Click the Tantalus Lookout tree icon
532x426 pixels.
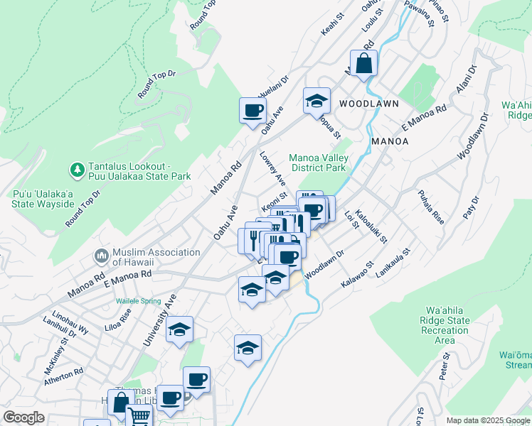pyautogui.click(x=77, y=170)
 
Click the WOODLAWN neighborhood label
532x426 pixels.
pyautogui.click(x=368, y=104)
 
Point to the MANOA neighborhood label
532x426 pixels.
pyautogui.click(x=390, y=141)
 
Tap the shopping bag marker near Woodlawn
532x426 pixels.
pyautogui.click(x=363, y=64)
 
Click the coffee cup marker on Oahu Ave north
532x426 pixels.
pyautogui.click(x=253, y=111)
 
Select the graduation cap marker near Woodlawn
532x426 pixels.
pyautogui.click(x=316, y=102)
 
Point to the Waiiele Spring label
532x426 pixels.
pyautogui.click(x=139, y=301)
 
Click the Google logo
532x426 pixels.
pyautogui.click(x=24, y=418)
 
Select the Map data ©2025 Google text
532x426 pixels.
pyautogui.click(x=487, y=420)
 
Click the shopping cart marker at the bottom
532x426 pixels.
pyautogui.click(x=138, y=416)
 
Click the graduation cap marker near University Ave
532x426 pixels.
pyautogui.click(x=179, y=330)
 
